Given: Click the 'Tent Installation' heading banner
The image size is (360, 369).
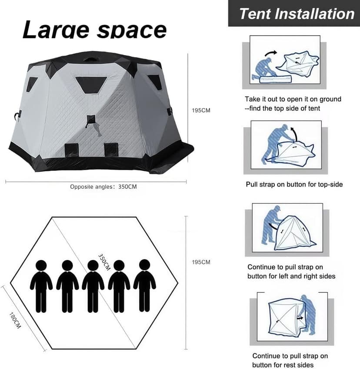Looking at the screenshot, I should click(x=297, y=13).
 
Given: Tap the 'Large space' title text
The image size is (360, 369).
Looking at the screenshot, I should click(x=94, y=30).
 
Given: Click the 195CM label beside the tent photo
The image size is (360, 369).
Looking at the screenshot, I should click(x=201, y=110).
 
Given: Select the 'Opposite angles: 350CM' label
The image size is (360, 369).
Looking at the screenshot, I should click(x=103, y=187).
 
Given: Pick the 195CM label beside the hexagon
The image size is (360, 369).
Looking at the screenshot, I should click(x=201, y=262).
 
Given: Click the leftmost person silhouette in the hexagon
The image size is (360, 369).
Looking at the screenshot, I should click(x=41, y=286).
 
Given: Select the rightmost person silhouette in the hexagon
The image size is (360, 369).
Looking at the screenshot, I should click(x=144, y=286).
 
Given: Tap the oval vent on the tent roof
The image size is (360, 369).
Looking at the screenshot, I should click(x=92, y=59).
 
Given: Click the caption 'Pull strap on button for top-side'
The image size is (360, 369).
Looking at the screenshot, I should click(x=294, y=184).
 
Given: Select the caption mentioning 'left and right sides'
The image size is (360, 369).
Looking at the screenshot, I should click(x=291, y=272).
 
